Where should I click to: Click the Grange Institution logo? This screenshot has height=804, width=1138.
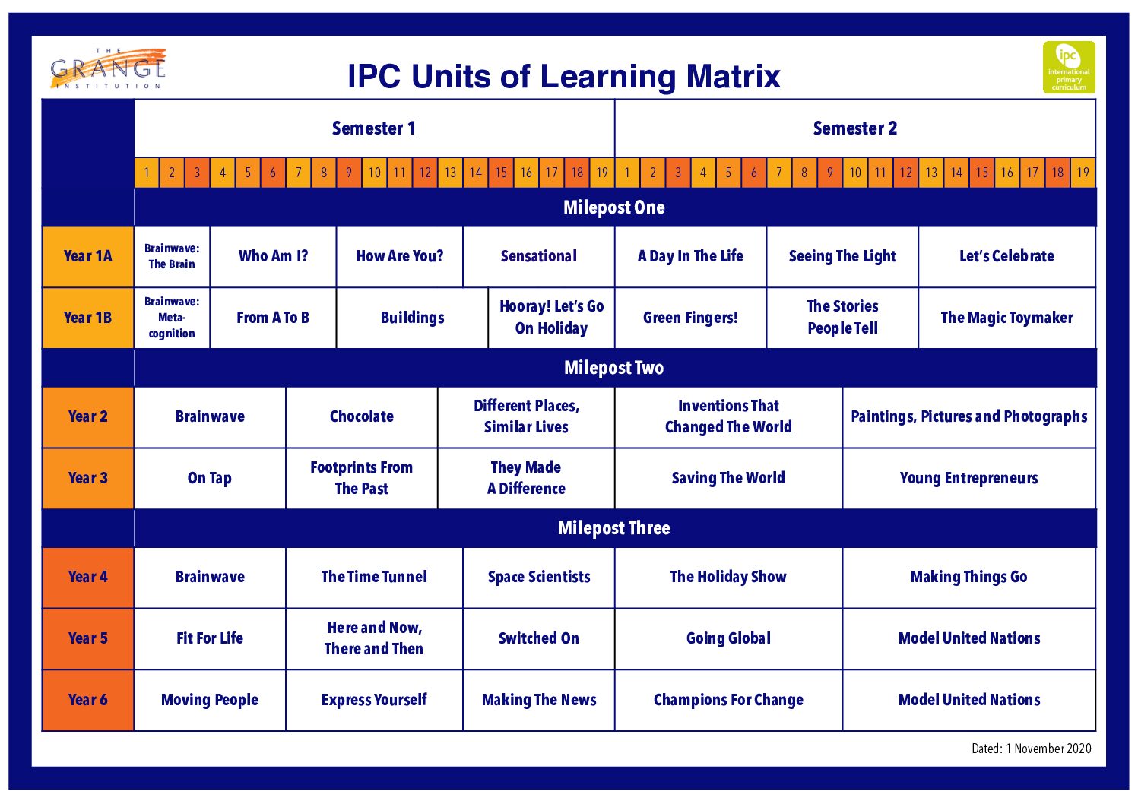(x=108, y=69)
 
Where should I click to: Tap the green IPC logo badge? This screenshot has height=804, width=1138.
(x=1068, y=68)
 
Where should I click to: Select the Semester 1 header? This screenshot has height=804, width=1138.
(x=373, y=128)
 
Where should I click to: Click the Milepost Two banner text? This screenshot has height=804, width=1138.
(x=613, y=368)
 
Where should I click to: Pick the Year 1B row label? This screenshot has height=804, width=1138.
(x=87, y=318)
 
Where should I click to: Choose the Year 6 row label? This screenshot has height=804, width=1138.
(x=87, y=700)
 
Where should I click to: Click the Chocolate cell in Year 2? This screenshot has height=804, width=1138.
(x=361, y=416)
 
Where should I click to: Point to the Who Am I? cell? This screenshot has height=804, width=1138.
(x=273, y=256)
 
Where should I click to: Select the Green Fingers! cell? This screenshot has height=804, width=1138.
(x=689, y=318)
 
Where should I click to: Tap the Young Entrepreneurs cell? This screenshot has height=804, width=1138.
(x=968, y=478)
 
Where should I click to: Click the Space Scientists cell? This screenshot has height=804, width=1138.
(x=538, y=577)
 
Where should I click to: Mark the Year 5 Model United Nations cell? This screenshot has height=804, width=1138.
(x=968, y=638)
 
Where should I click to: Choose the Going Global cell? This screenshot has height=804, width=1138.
(x=727, y=638)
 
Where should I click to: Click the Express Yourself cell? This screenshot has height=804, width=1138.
(x=373, y=700)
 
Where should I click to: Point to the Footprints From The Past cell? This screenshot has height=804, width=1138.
(x=361, y=478)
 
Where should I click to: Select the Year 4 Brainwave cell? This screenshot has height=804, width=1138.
(x=210, y=577)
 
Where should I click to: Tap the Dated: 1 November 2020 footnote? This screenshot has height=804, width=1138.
(x=1031, y=749)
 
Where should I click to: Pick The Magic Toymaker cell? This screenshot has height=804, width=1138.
(x=1006, y=318)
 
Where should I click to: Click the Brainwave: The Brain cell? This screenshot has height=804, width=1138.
(x=172, y=256)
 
